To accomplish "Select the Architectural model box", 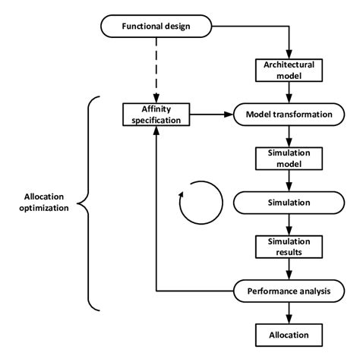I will coord(289,70).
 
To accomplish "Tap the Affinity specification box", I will coord(155,115).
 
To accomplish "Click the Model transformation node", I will coord(289,115).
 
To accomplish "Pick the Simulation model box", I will coord(289,158).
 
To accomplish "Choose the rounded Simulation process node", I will coord(289,203).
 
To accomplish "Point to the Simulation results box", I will coord(289,246).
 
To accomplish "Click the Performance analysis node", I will coord(289,291).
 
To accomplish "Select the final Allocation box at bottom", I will coord(289,334).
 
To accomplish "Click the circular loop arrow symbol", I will coord(200,203).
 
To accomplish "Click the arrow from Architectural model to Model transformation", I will coord(289,93).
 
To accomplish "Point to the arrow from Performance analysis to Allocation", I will coord(289,313).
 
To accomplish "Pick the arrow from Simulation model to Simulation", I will coord(289,181).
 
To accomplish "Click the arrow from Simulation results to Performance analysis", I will coord(289,269).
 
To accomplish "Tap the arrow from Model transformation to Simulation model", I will coord(289,137).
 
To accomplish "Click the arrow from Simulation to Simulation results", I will coord(289,225).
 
